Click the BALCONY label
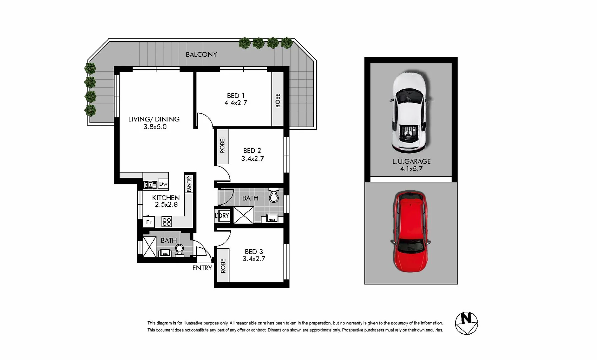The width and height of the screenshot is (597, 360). click(x=201, y=54)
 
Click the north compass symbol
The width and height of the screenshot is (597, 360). click(x=466, y=323)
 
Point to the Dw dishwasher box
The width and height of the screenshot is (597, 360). click(x=163, y=184)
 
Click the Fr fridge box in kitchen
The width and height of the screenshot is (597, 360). click(x=149, y=222)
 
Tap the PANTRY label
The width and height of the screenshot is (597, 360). click(x=189, y=184)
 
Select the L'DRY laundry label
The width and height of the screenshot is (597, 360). click(x=222, y=216)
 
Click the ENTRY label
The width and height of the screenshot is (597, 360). click(x=202, y=268)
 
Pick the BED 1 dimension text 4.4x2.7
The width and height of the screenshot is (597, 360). click(x=235, y=103)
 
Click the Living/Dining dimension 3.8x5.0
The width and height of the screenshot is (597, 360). click(x=155, y=127)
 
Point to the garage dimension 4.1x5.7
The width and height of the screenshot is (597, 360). click(x=411, y=169)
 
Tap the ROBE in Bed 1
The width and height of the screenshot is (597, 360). click(x=277, y=100)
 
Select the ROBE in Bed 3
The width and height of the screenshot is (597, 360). click(x=223, y=266)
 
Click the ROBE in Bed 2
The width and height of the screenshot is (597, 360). click(x=222, y=146)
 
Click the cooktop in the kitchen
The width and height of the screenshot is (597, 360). click(x=167, y=222)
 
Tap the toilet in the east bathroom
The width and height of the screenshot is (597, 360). click(x=274, y=196)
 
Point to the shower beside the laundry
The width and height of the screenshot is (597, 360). click(x=243, y=215)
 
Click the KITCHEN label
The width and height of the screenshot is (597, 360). click(x=166, y=198)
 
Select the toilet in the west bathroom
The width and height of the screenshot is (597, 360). click(x=179, y=250)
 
